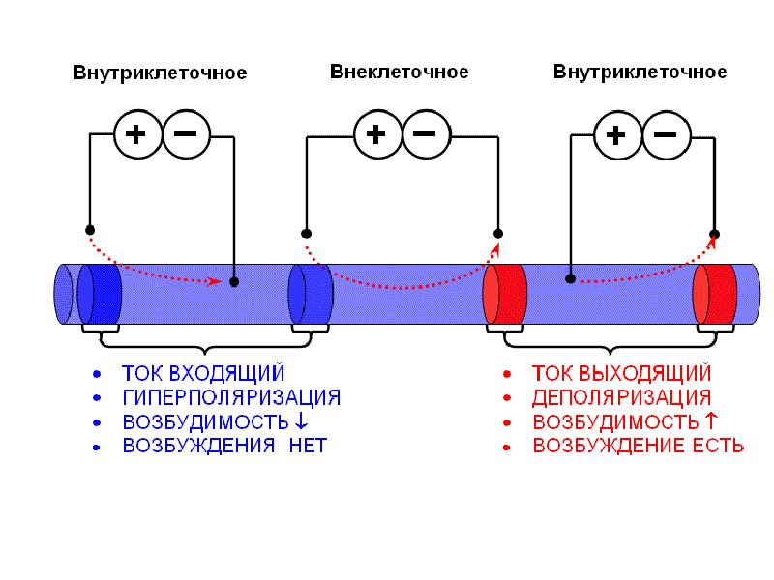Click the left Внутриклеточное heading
[161, 73]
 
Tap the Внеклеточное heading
[400, 72]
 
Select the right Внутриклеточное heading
[640, 72]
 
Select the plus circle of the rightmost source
[615, 134]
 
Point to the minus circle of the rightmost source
[664, 134]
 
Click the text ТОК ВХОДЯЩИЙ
[203, 373]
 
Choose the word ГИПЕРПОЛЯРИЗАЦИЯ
[231, 397]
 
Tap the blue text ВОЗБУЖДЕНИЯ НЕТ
[224, 446]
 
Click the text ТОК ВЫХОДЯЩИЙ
[622, 373]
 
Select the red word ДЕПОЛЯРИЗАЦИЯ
[622, 397]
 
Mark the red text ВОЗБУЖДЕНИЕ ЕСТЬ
[639, 446]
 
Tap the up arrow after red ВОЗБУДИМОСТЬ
[711, 421]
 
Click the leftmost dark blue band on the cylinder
[100, 294]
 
